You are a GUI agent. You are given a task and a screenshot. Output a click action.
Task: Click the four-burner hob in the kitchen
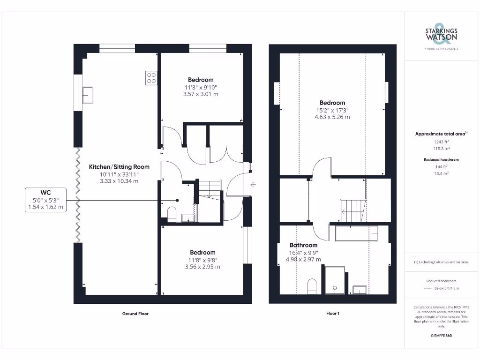click(151, 77)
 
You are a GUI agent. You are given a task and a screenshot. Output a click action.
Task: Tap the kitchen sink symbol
click(88, 95)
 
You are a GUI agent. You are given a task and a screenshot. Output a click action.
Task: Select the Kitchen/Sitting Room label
click(119, 166)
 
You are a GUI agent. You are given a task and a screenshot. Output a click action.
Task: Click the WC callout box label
click(46, 192)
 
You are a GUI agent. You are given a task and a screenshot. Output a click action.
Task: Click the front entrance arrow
click(253, 184)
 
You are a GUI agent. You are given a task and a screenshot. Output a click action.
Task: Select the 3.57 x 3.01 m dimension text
click(201, 94)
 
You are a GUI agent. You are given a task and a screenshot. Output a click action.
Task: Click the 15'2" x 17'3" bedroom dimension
click(332, 110)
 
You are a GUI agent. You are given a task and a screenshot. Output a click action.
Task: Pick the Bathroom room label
click(303, 245)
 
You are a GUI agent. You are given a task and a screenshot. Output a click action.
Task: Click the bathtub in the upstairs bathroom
click(356, 233)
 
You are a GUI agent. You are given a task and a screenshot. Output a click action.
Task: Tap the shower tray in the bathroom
click(334, 280)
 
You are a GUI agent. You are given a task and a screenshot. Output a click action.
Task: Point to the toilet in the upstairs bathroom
click(313, 286)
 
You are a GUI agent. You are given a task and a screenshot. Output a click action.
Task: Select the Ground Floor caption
click(135, 314)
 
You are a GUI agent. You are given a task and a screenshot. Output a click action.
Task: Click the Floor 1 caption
click(332, 314)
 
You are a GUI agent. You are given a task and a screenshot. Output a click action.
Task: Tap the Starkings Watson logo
click(441, 36)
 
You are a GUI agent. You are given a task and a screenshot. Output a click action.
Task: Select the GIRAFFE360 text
click(441, 336)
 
